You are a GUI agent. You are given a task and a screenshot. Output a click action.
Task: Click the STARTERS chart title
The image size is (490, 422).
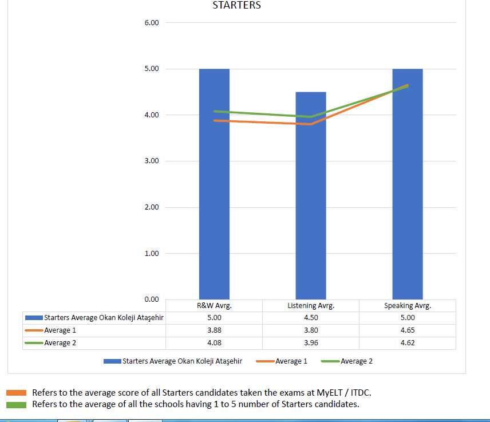[x=236, y=6]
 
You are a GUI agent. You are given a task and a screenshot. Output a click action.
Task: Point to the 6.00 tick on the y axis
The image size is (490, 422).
[x=151, y=23]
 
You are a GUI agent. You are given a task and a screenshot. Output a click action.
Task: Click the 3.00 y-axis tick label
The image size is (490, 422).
[x=151, y=161]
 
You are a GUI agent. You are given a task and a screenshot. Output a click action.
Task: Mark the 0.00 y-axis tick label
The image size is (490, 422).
[x=151, y=299]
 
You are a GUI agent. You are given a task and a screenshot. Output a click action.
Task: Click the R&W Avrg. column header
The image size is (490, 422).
[x=214, y=306]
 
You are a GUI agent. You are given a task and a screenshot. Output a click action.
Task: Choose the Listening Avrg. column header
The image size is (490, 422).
[x=311, y=306]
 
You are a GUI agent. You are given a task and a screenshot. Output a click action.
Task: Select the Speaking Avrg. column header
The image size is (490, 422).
[x=408, y=306]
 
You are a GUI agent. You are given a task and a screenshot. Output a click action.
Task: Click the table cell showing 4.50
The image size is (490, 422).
[x=311, y=318]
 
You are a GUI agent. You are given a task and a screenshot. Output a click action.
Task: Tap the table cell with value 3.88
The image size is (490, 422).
[x=214, y=330]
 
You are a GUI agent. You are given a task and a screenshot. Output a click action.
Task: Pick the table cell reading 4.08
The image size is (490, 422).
[x=214, y=343]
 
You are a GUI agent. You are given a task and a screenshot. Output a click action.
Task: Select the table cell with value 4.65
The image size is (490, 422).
[x=408, y=330]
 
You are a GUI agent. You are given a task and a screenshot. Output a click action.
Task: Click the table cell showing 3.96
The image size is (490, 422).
[x=311, y=343]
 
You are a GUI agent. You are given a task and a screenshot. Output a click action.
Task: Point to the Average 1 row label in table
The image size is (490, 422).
[x=60, y=330]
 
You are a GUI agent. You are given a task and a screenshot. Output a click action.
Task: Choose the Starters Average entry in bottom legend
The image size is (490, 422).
[x=182, y=361]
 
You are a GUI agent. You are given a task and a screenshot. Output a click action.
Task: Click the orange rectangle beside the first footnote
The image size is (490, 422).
[x=17, y=393]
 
